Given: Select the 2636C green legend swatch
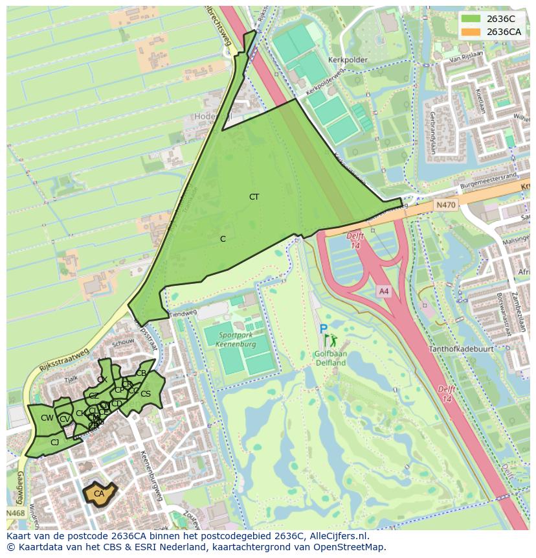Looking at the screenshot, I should pyautogui.click(x=471, y=19).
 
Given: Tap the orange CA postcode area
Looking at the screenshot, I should pyautogui.click(x=99, y=494).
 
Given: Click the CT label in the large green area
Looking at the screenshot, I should pyautogui.click(x=254, y=196).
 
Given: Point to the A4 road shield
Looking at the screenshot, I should pyautogui.click(x=384, y=292).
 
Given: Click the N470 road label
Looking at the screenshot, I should pyautogui.click(x=445, y=205).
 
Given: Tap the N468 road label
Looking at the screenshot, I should pyautogui.click(x=16, y=513).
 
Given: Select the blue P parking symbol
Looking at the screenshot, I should pyautogui.click(x=323, y=329).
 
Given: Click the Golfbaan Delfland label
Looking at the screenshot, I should pyautogui.click(x=331, y=358).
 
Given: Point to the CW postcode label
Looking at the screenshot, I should pyautogui.click(x=47, y=418).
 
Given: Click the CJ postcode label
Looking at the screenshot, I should pyautogui.click(x=54, y=443).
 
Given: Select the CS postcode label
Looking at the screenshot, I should pyautogui.click(x=146, y=393).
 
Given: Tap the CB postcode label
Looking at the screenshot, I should pyautogui.click(x=140, y=373).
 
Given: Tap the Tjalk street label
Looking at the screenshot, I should pyautogui.click(x=72, y=379).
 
